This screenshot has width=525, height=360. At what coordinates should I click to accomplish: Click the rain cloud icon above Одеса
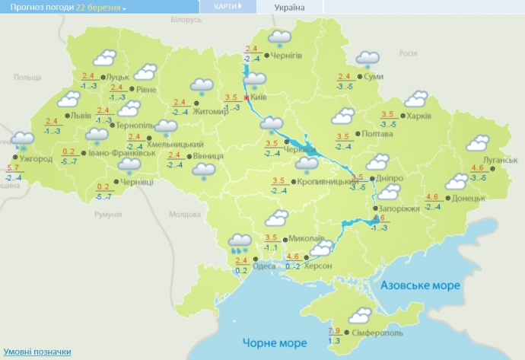click(x=240, y=243)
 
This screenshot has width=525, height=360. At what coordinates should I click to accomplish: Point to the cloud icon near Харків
click(x=416, y=100)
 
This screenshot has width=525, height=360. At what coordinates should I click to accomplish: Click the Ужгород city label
click(x=36, y=158)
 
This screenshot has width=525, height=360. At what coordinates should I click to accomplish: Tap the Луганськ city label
click(x=501, y=161)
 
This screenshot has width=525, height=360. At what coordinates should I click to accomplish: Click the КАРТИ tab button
click(x=226, y=6)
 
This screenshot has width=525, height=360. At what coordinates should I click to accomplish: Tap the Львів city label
click(x=80, y=116)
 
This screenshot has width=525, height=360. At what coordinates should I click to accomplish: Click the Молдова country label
click(x=183, y=215)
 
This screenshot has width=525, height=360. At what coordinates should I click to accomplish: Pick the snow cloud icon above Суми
click(x=368, y=58)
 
